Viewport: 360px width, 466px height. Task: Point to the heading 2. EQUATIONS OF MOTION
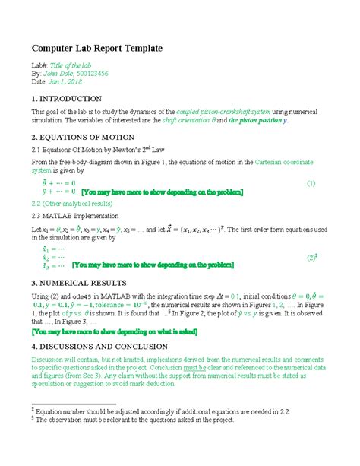click(x=83, y=138)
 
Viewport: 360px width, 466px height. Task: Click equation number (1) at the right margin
click(x=311, y=184)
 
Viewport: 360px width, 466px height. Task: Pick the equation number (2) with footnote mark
click(x=311, y=258)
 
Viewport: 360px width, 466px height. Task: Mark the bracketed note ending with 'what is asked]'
click(x=124, y=332)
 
